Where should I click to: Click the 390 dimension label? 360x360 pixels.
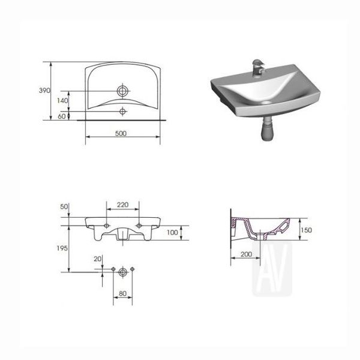click(44, 91)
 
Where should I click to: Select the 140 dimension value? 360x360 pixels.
click(62, 101)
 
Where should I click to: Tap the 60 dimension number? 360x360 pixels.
click(62, 116)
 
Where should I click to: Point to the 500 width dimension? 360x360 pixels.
click(121, 133)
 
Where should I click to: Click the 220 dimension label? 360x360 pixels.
click(123, 205)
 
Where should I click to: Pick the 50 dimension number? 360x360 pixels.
click(64, 206)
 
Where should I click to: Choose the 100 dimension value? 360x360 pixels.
click(172, 233)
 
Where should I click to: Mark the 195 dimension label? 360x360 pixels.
click(62, 248)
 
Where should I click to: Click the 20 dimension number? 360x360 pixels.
click(97, 259)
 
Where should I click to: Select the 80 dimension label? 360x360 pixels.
click(123, 293)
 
